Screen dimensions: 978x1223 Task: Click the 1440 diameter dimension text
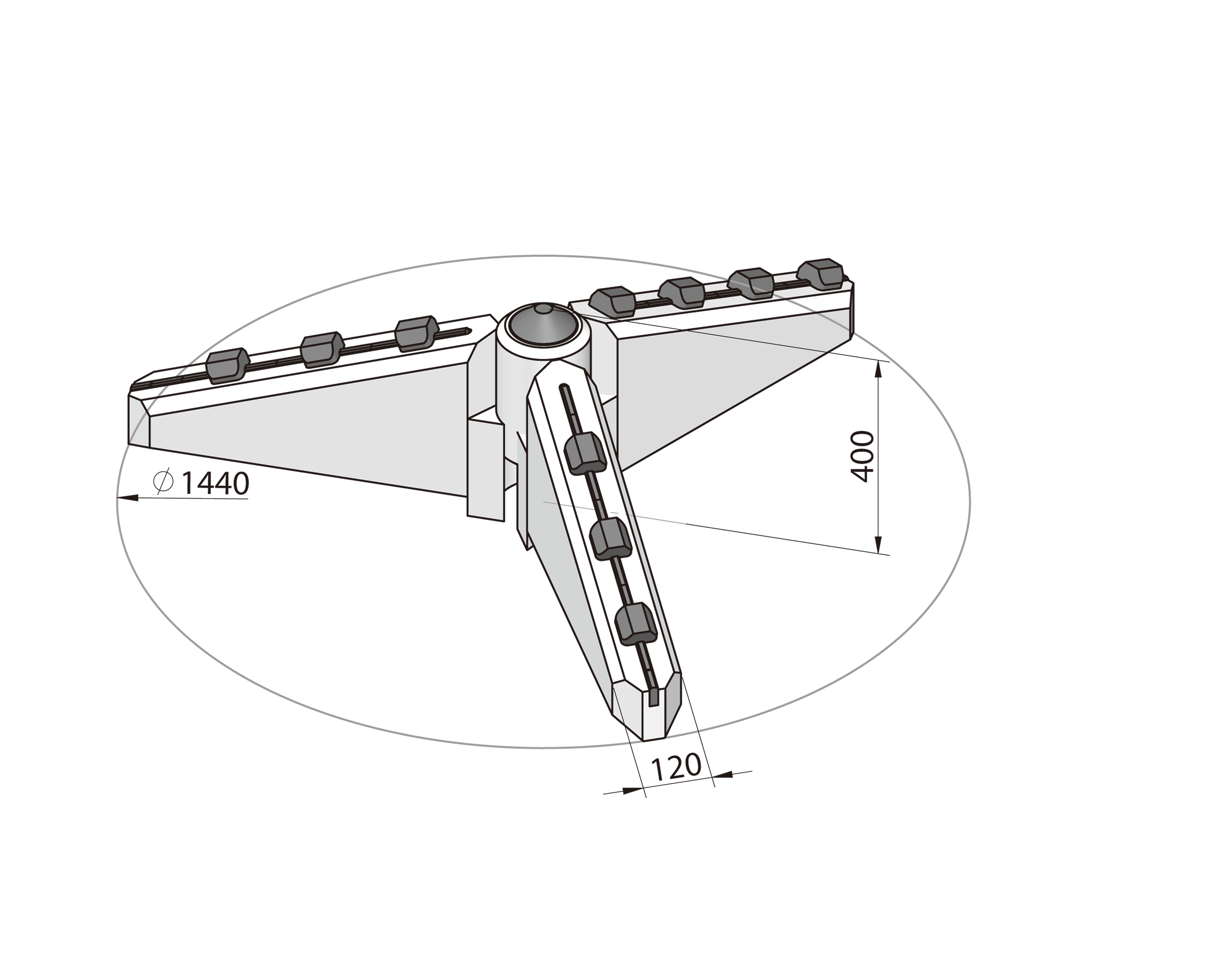215,483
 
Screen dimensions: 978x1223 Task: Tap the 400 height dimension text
863,456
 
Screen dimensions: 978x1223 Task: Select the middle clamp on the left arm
321,349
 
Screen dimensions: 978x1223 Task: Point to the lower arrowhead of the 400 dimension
878,546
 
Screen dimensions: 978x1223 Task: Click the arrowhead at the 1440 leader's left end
126,498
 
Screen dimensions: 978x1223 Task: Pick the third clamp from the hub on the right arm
751,282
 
